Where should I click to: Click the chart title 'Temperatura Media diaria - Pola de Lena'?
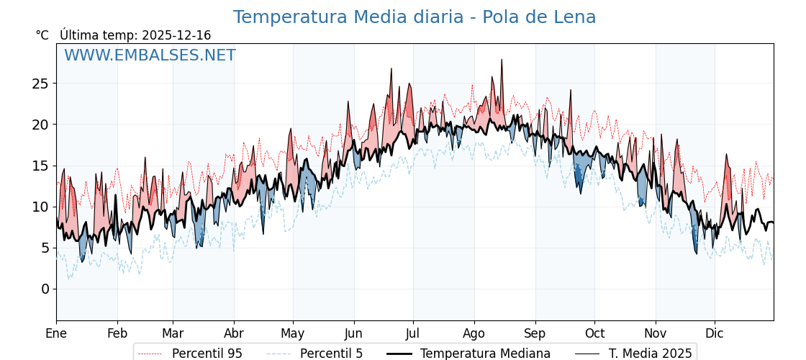click(x=414, y=17)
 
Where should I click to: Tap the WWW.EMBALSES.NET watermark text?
click(x=150, y=55)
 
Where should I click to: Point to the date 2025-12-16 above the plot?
click(x=176, y=35)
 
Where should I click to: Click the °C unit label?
click(x=42, y=35)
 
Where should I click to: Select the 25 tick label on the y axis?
click(x=40, y=84)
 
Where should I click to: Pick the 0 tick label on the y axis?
click(x=45, y=289)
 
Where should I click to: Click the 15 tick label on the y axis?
click(x=40, y=166)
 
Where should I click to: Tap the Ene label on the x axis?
click(x=56, y=333)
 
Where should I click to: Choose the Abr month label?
click(x=234, y=333)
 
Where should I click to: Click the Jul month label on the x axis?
click(x=413, y=333)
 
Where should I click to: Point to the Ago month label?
click(x=474, y=333)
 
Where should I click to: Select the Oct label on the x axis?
click(x=594, y=333)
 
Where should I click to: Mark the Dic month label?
click(x=715, y=333)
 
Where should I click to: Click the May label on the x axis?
click(x=293, y=333)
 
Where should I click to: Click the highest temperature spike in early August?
click(x=502, y=60)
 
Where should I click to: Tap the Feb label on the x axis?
click(x=117, y=333)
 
